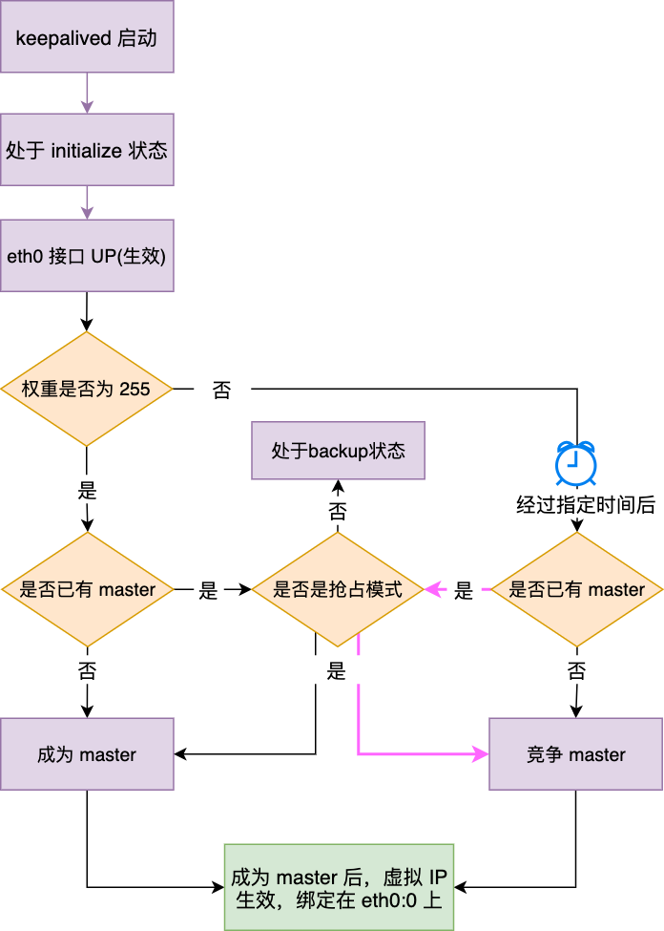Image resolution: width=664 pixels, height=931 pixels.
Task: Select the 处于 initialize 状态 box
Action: coord(87,150)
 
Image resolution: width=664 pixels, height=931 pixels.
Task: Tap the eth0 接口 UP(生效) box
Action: coord(87,256)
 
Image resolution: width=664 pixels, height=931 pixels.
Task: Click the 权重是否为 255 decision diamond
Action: coord(87,389)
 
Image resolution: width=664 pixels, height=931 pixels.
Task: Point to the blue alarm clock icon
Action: coord(576,463)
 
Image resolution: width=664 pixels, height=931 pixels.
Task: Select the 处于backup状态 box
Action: coord(338,450)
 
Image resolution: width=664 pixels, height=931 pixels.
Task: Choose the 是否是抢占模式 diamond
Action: coord(338,589)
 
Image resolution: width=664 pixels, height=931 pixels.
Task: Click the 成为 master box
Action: coord(87,754)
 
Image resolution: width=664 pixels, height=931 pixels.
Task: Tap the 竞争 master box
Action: coord(575,754)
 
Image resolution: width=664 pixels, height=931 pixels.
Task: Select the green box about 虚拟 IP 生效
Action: coord(339,887)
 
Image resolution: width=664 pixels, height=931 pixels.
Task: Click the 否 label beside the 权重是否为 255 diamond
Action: coord(221,390)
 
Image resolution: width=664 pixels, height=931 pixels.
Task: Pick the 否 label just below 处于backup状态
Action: coord(338,511)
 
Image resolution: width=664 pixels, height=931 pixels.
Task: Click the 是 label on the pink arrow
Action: coord(464,590)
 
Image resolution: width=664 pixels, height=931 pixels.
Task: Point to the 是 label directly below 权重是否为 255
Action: coord(87,492)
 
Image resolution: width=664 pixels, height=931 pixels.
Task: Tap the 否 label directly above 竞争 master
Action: coord(576,670)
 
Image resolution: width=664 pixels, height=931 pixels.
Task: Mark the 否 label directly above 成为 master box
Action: coord(87,670)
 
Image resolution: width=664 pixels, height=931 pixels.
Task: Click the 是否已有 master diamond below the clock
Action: coord(576,589)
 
